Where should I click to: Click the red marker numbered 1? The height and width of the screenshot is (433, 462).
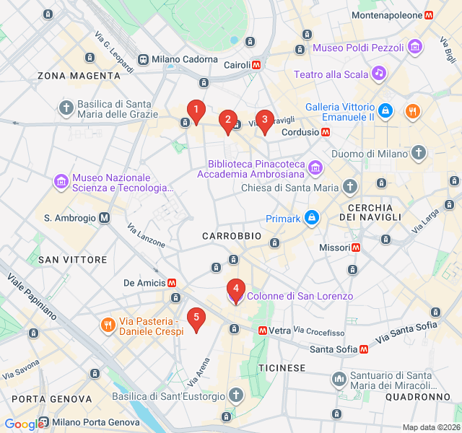pos(196,110)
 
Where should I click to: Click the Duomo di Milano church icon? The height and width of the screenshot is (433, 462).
pos(419,153)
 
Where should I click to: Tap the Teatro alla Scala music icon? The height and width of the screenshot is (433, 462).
pos(378,74)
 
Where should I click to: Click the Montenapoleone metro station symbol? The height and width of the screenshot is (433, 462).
pos(429,15)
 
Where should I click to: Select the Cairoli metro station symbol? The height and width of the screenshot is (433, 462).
pos(256,65)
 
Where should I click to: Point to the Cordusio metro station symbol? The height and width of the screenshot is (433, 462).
pos(326,132)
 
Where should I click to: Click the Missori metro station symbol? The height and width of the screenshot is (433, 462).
pos(355,248)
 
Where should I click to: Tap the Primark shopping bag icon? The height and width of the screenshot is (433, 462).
pos(311,216)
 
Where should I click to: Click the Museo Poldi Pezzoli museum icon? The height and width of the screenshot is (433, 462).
pos(414,48)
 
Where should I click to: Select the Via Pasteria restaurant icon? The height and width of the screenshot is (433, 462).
pos(108,325)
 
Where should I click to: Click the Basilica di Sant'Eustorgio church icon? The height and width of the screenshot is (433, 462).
pos(235,395)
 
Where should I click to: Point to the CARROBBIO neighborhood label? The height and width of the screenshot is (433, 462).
pos(231,236)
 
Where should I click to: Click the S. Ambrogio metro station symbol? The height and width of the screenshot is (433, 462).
pos(105,217)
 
